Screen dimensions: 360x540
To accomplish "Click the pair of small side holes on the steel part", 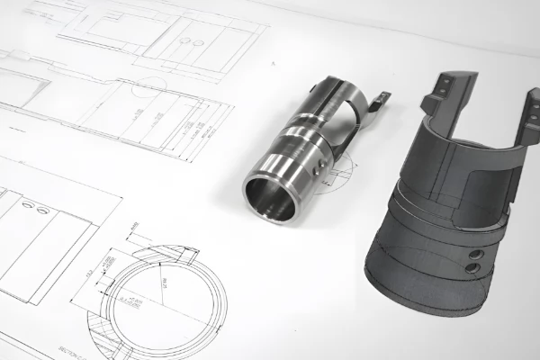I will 317,169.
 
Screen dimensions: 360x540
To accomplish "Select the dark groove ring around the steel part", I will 297,144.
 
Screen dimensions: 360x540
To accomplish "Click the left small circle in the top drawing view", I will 184,40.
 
